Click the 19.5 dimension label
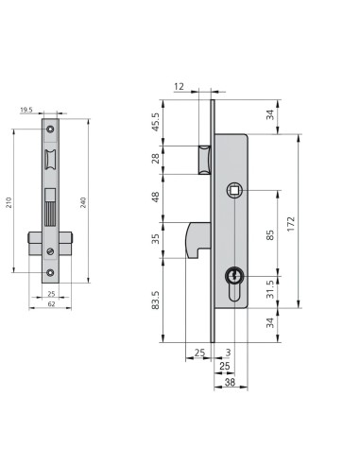(x=26, y=110)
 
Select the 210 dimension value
(x=9, y=202)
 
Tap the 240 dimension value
(x=83, y=202)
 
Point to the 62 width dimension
(x=51, y=304)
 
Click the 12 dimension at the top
(x=179, y=86)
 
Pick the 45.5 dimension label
(x=156, y=122)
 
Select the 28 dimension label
(x=156, y=159)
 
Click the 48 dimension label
(x=156, y=197)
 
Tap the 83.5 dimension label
(x=156, y=300)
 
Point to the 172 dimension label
(x=291, y=224)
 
